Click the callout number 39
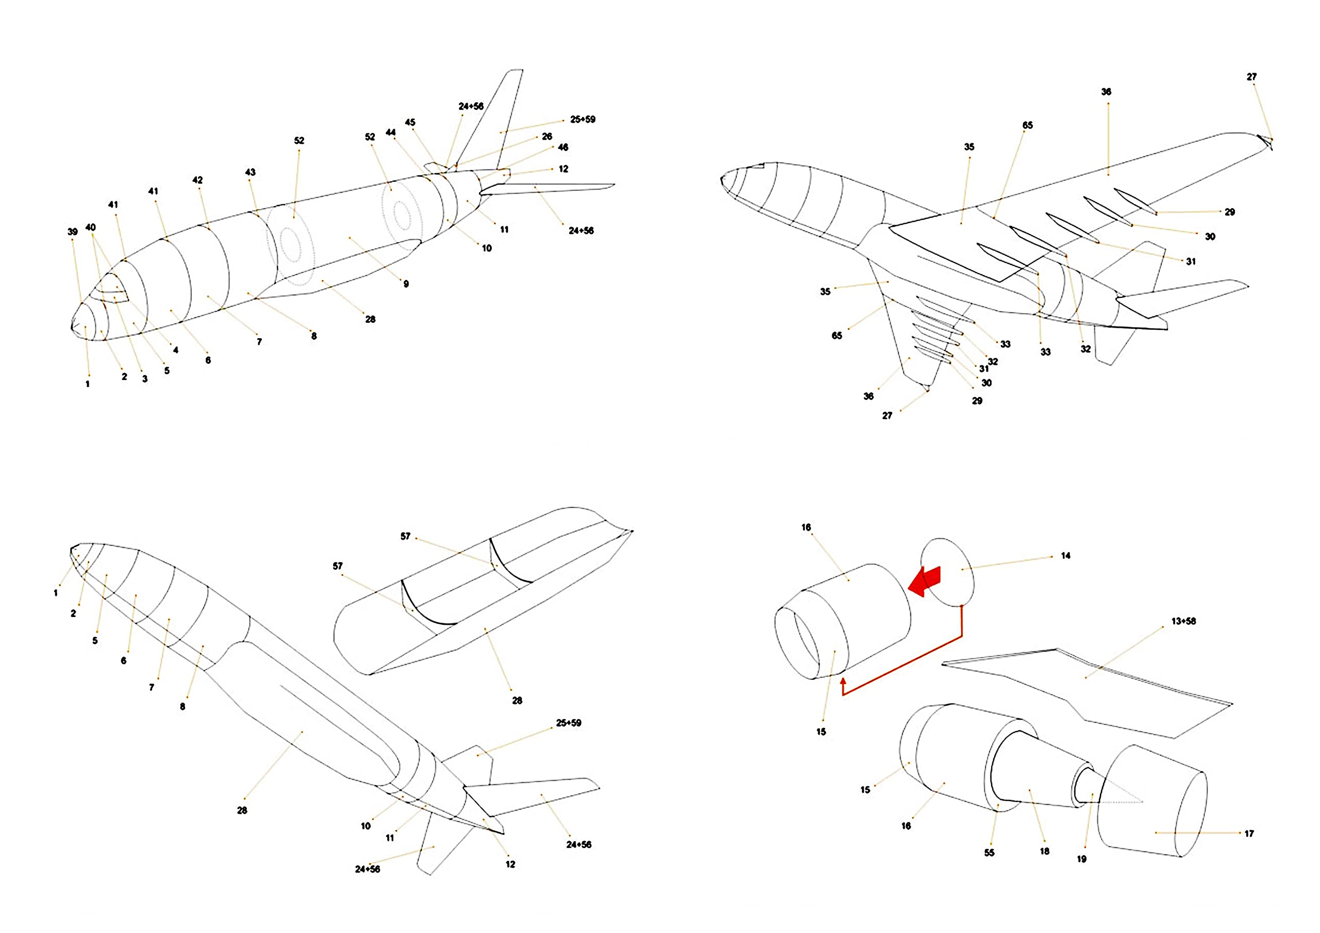point(72,231)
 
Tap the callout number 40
point(90,227)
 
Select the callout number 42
point(197,180)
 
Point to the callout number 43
point(250,172)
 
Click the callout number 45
point(410,122)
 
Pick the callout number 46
point(563,147)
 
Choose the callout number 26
point(547,136)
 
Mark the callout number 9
point(406,284)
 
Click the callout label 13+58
point(1183,621)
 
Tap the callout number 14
point(1065,555)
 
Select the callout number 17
point(1249,833)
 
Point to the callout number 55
point(989,853)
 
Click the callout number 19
point(1081,859)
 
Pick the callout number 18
point(1045,851)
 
